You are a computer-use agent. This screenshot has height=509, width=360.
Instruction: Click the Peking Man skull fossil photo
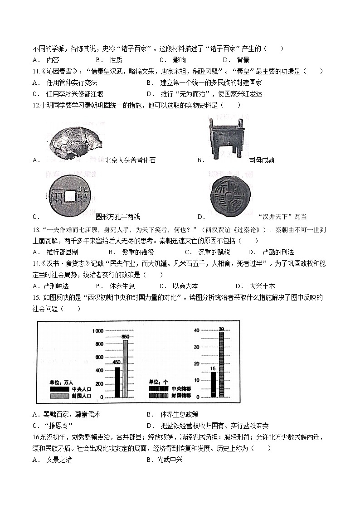[74, 141]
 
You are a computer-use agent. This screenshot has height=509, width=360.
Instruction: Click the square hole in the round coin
[69, 196]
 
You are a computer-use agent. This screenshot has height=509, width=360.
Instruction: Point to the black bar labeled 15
[213, 384]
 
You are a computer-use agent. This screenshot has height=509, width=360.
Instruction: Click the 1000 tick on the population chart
[98, 331]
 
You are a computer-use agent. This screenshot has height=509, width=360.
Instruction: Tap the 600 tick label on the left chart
[99, 357]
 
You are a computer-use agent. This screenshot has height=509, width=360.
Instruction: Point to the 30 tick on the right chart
[197, 347]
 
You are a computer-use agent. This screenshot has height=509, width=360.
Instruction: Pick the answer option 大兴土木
[262, 286]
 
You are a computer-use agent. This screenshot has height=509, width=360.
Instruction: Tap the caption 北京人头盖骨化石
[130, 160]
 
